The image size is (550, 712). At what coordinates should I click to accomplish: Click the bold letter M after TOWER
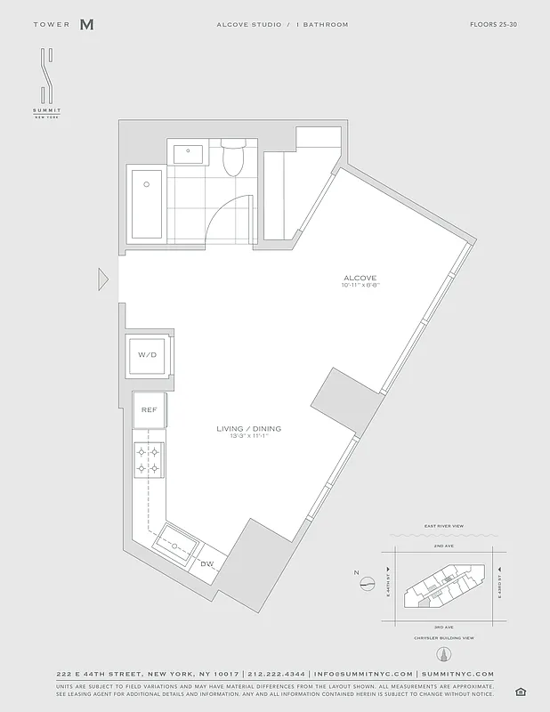(x=86, y=25)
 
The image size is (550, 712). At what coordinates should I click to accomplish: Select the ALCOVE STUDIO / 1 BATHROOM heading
(x=282, y=24)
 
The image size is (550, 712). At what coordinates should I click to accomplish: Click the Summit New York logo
(x=47, y=85)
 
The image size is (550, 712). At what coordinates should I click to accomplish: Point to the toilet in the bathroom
(x=233, y=158)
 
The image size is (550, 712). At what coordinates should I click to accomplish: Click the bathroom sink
(x=190, y=154)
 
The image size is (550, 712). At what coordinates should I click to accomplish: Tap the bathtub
(x=146, y=203)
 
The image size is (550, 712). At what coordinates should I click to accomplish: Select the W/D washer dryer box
(x=147, y=355)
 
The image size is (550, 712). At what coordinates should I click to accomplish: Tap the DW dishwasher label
(x=206, y=563)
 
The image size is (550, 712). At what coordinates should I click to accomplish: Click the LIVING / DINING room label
(x=248, y=429)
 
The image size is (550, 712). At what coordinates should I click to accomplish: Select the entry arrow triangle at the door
(x=104, y=279)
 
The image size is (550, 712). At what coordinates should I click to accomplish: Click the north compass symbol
(x=368, y=584)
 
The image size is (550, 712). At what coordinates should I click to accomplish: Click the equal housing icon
(x=519, y=692)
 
